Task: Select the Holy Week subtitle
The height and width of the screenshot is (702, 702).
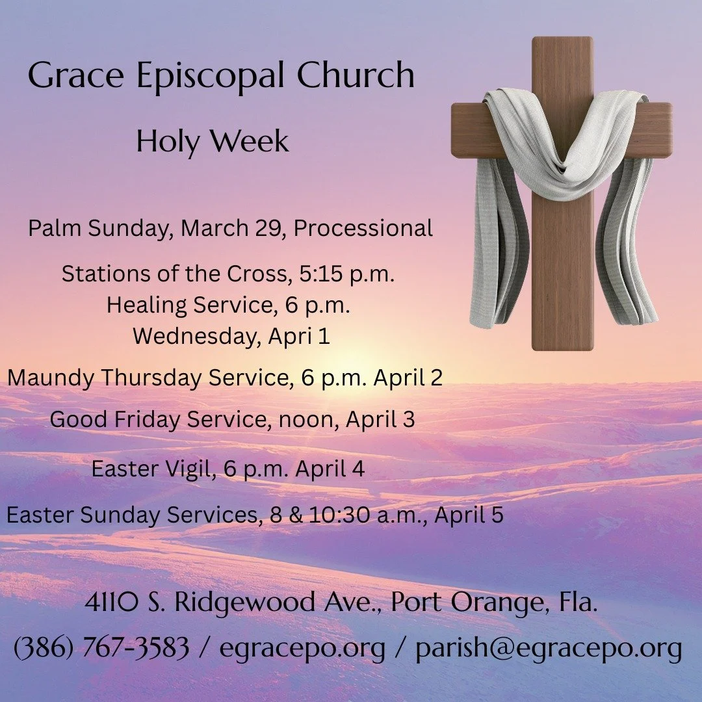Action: tap(213, 142)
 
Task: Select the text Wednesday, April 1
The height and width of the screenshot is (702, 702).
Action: tap(231, 337)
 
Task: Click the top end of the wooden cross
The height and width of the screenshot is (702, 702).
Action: tap(562, 43)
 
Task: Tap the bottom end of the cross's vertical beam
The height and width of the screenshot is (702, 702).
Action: tap(562, 344)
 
